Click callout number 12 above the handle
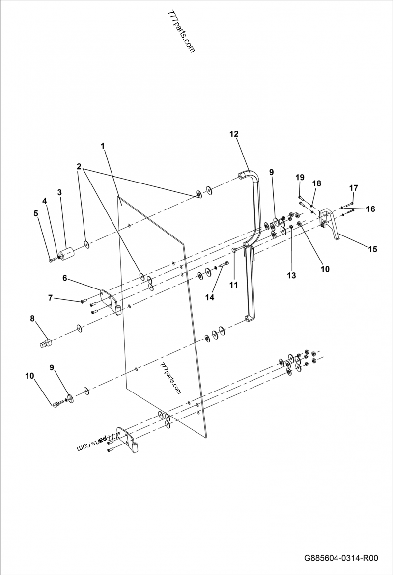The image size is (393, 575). [233, 133]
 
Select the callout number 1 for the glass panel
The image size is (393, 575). [103, 146]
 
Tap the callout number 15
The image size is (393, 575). [372, 249]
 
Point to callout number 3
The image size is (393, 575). [59, 192]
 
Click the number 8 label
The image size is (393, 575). [32, 318]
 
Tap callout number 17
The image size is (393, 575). [354, 188]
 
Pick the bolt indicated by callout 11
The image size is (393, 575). [235, 251]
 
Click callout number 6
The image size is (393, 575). [64, 278]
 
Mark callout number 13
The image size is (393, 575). [291, 276]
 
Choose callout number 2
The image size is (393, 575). [79, 166]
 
